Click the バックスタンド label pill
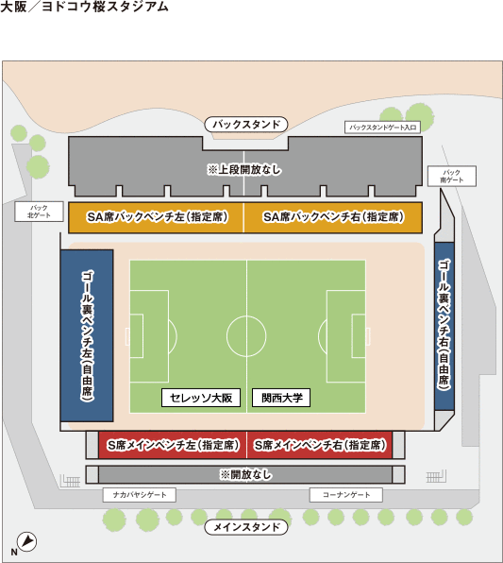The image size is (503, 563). tap(246, 125)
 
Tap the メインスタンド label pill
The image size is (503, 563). tap(246, 527)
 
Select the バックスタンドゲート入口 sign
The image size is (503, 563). tap(382, 128)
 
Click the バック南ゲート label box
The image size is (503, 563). tap(452, 176)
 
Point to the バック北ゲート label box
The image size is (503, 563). tap(39, 212)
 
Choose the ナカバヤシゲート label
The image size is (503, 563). tap(140, 495)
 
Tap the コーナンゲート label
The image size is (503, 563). tap(346, 495)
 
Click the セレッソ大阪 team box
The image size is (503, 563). tap(201, 398)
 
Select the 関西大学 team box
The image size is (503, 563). tap(281, 398)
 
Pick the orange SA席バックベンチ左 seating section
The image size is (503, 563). tap(156, 217)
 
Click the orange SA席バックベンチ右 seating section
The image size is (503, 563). tap(333, 217)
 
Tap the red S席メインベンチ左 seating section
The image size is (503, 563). tap(173, 445)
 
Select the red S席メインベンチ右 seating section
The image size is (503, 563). tap(320, 445)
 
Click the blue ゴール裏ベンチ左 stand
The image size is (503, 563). tap(87, 335)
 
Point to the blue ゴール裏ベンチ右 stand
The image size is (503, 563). tap(444, 326)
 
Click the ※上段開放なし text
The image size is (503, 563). tap(244, 169)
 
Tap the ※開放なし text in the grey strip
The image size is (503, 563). tap(245, 474)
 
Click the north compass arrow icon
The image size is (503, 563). tap(27, 541)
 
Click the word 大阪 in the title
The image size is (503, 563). tap(13, 7)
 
